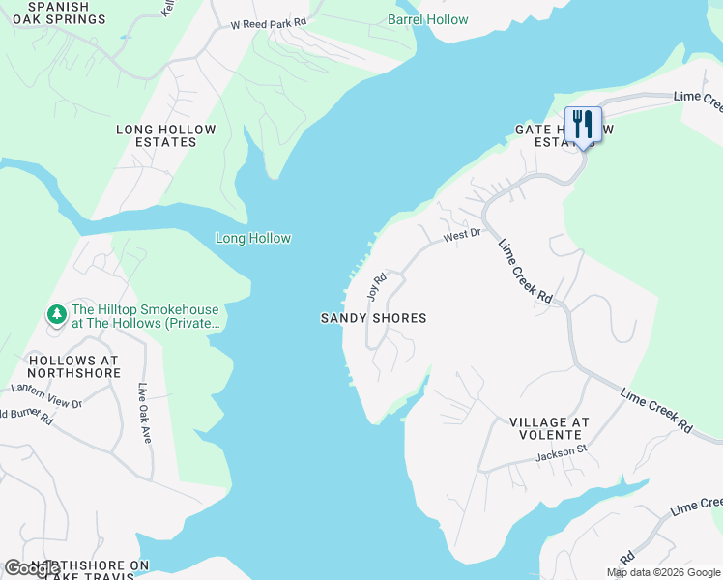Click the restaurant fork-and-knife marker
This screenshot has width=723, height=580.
pyautogui.click(x=583, y=126)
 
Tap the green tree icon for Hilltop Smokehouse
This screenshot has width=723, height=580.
pyautogui.click(x=56, y=315)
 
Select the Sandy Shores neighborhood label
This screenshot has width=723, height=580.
pyautogui.click(x=373, y=318)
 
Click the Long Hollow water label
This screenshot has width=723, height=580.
pyautogui.click(x=253, y=239)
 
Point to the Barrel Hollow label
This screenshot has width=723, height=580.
pyautogui.click(x=427, y=19)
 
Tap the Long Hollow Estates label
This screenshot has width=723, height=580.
pyautogui.click(x=166, y=135)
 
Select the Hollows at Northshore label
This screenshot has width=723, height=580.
pyautogui.click(x=72, y=365)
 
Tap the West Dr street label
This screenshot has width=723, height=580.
pyautogui.click(x=462, y=235)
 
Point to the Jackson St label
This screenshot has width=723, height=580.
pyautogui.click(x=562, y=451)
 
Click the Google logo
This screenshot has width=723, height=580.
pyautogui.click(x=32, y=568)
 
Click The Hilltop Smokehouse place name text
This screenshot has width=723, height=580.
pyautogui.click(x=145, y=316)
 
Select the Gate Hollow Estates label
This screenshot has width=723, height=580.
pyautogui.click(x=561, y=135)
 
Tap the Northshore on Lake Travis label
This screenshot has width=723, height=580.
pyautogui.click(x=89, y=570)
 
